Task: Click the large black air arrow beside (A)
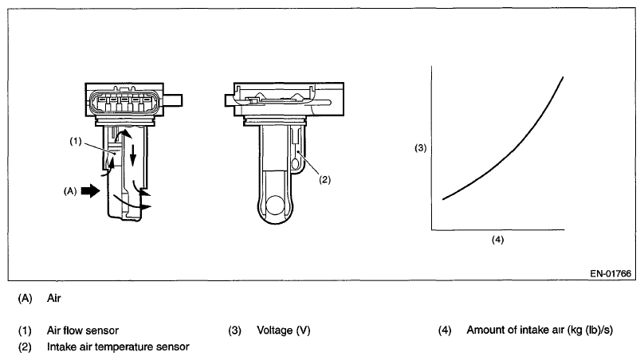click(92, 191)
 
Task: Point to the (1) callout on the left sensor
click(77, 142)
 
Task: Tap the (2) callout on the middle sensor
click(324, 179)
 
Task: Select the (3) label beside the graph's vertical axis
click(422, 148)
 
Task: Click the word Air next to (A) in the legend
click(54, 300)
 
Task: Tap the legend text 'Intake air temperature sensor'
click(118, 346)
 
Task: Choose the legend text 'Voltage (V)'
click(283, 330)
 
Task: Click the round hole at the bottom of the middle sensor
click(276, 205)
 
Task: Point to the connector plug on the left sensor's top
click(120, 102)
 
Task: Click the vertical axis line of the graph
click(431, 151)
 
